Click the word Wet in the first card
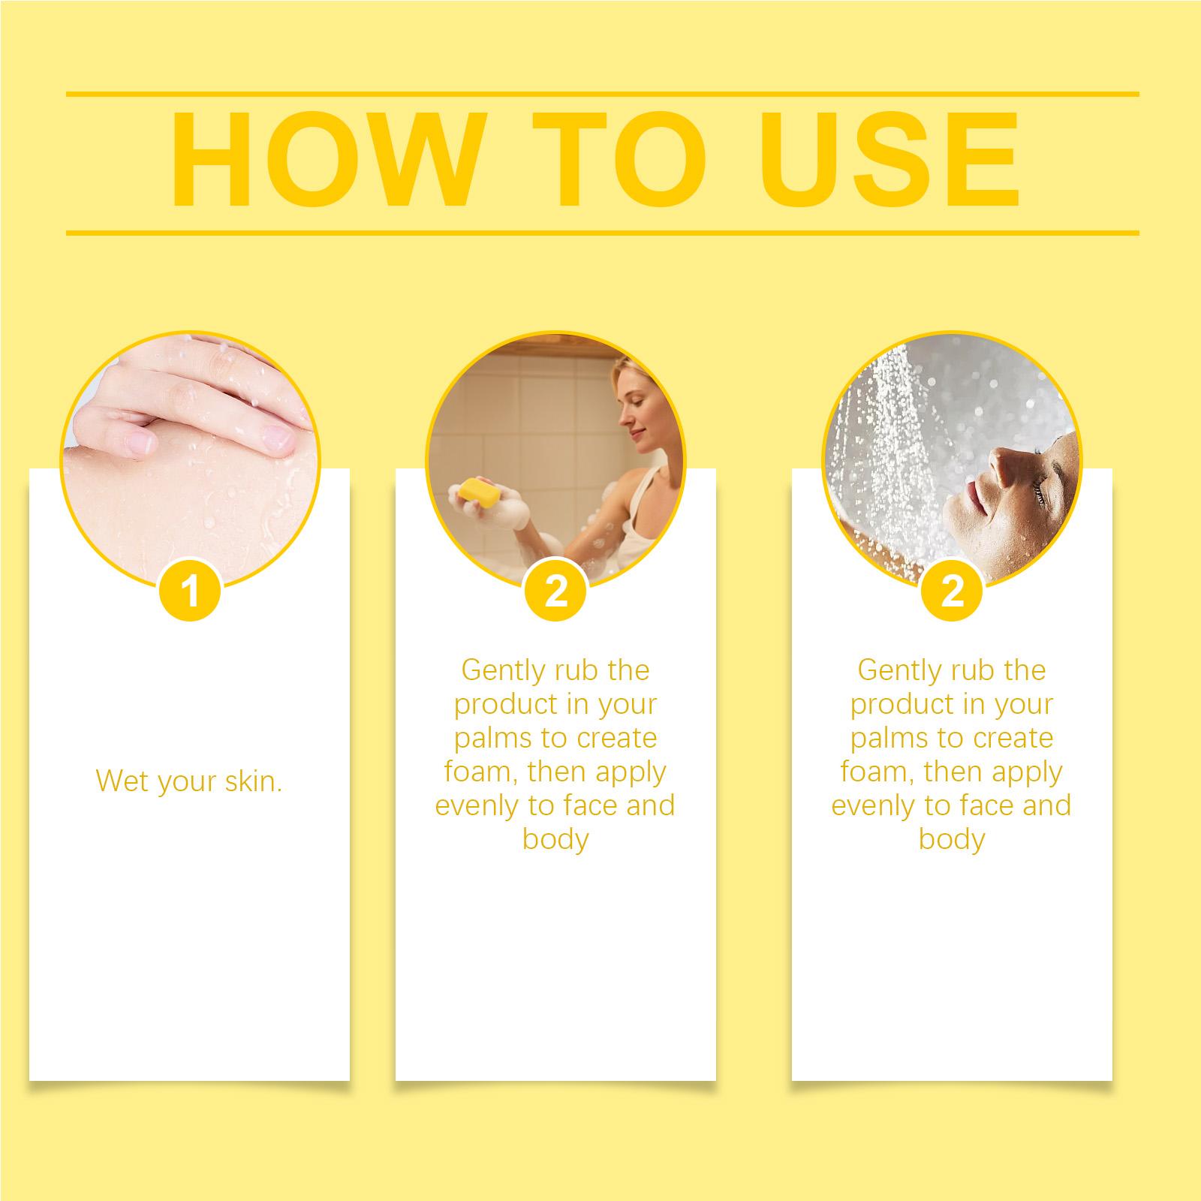coord(122,781)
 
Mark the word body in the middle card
coord(555,838)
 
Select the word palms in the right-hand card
coord(889,739)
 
